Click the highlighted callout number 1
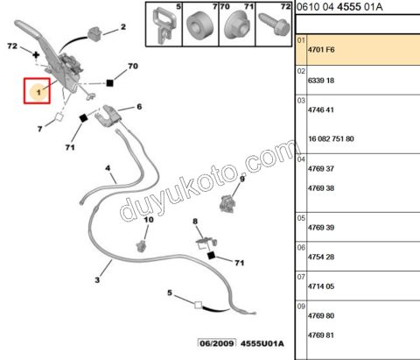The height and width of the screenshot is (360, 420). point(38,93)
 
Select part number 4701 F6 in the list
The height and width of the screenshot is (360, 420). point(321,50)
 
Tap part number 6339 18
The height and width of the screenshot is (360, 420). point(321,81)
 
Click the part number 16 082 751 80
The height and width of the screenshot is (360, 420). point(331,138)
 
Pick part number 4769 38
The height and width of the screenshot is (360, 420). point(321,188)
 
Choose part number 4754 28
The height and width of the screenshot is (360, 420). point(321,257)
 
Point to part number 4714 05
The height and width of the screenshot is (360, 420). point(321,286)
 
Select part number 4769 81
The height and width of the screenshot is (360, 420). point(321,335)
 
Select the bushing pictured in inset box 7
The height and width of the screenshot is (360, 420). point(199,25)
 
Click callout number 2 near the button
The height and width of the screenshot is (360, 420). point(123,27)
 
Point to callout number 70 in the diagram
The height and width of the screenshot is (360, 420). point(133,67)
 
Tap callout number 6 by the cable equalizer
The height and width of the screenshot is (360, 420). point(139,107)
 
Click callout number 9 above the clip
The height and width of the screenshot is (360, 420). point(242,179)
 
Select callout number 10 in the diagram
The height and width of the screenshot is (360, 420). point(149,220)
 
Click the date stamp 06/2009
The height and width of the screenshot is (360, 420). point(217,343)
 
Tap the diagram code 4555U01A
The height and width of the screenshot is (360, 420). point(262,343)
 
